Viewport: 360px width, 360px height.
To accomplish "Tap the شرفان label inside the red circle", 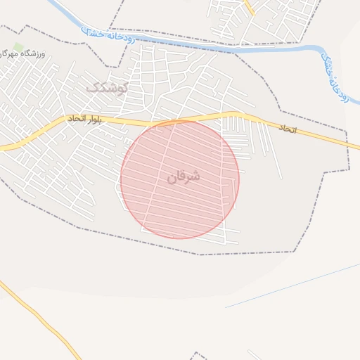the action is point(184,176).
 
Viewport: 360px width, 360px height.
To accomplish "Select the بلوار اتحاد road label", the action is point(86,120).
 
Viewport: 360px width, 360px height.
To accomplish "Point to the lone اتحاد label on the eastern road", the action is point(288,130).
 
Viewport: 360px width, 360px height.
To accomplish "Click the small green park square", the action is point(18,46).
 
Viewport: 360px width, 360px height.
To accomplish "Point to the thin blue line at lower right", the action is point(295,285).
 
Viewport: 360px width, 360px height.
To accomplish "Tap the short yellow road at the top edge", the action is point(249,7).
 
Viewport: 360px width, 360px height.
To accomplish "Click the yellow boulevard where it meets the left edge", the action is point(3,148).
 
